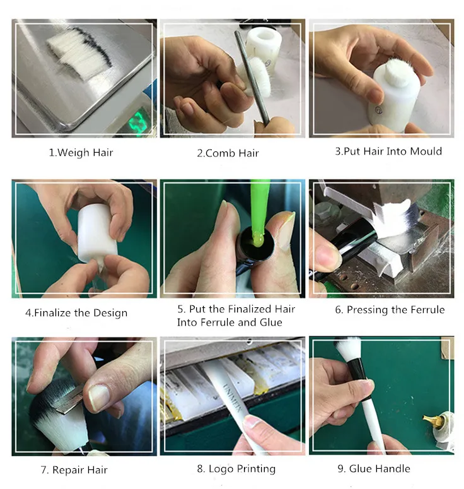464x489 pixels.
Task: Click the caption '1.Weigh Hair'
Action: [x=81, y=153]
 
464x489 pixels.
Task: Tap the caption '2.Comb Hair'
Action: [x=228, y=153]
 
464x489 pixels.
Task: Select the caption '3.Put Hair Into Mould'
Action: [x=388, y=151]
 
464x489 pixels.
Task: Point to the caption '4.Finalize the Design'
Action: [x=76, y=313]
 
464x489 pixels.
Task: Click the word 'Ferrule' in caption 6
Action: [x=427, y=310]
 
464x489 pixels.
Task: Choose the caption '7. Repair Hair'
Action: [x=74, y=469]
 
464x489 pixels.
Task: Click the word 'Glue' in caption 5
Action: [x=271, y=322]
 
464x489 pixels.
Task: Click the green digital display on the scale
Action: [x=138, y=121]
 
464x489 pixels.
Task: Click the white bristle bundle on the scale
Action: [x=79, y=56]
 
